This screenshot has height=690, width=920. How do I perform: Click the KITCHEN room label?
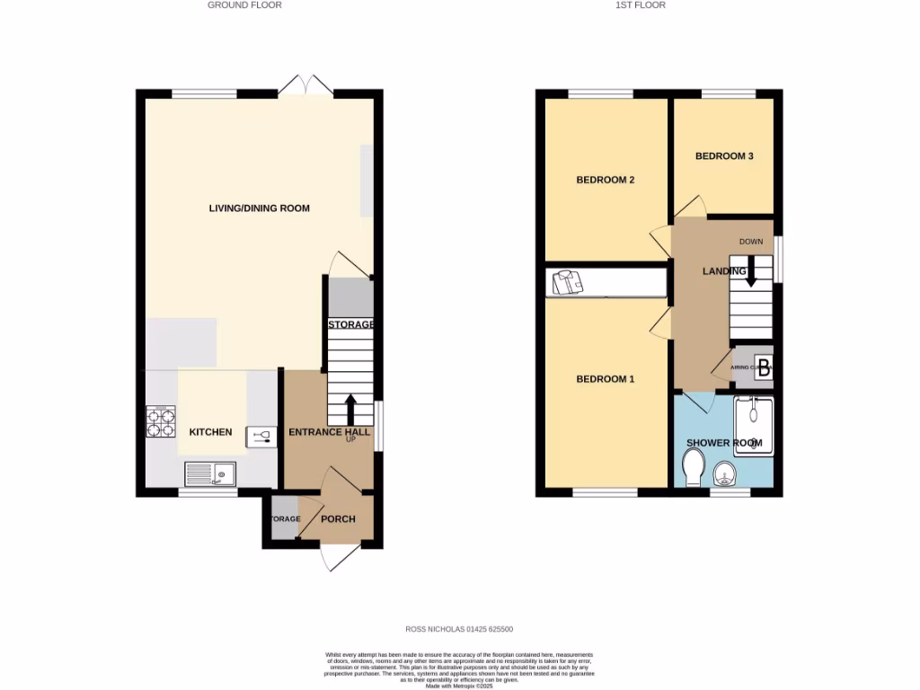(x=210, y=432)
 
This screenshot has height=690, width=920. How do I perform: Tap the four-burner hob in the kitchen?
(x=160, y=422)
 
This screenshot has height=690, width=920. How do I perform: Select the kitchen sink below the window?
(x=210, y=473)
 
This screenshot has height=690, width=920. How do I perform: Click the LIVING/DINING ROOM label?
(x=259, y=208)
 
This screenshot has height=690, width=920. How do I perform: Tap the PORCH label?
(x=338, y=519)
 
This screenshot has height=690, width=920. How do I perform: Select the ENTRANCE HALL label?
(x=330, y=432)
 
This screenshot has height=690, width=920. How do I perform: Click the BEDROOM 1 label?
(x=605, y=379)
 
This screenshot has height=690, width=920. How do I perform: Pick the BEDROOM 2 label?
(x=605, y=180)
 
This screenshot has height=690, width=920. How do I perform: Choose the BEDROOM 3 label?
(x=724, y=156)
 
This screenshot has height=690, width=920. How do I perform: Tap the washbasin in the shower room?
(x=724, y=473)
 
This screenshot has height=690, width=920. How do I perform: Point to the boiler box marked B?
(x=763, y=367)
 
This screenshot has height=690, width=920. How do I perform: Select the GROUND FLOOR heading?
(x=244, y=5)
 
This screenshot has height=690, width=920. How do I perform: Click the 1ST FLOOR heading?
(x=639, y=5)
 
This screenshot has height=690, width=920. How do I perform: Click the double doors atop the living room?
(x=305, y=86)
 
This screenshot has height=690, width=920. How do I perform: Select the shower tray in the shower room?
(x=753, y=420)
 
